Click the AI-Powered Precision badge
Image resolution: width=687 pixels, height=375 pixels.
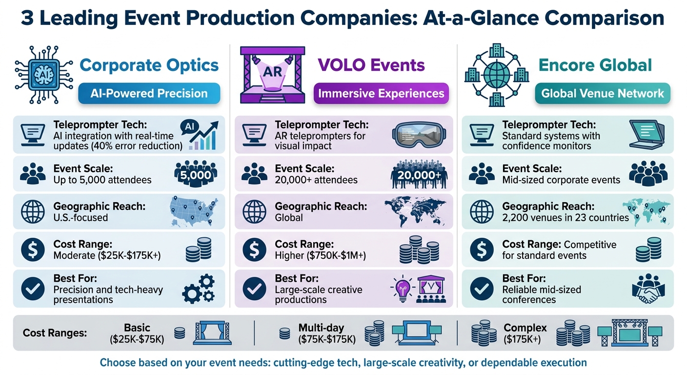pyautogui.click(x=149, y=93)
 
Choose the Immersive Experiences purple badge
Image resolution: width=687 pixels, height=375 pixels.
pyautogui.click(x=381, y=93)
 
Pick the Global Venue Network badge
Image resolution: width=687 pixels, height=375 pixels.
pyautogui.click(x=602, y=93)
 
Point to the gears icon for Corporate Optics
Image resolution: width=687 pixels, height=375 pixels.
pyautogui.click(x=198, y=289)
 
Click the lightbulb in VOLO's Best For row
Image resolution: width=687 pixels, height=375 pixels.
pyautogui.click(x=401, y=288)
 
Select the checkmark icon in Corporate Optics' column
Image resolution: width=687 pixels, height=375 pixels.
pyautogui.click(x=33, y=289)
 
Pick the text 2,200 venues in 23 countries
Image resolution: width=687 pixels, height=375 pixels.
pyautogui.click(x=566, y=218)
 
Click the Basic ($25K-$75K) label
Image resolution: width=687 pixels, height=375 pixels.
pyautogui.click(x=137, y=333)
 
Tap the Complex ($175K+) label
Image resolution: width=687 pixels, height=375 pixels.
pyautogui.click(x=525, y=333)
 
